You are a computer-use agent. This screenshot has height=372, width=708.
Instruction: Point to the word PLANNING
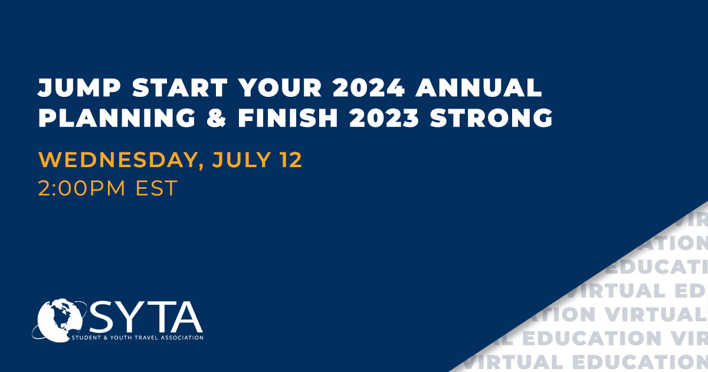[x=117, y=118]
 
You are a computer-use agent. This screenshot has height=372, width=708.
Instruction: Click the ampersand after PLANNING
[x=217, y=118]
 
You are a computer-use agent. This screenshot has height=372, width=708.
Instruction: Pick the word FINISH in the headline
[x=288, y=118]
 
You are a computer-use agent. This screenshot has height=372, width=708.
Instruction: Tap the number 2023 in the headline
[x=384, y=118]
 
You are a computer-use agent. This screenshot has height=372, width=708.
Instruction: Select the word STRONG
[x=491, y=118]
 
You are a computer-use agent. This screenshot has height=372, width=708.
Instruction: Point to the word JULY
[x=241, y=160]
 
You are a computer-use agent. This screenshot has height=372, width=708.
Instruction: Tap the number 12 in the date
[x=290, y=160]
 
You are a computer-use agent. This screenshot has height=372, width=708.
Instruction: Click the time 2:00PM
[x=81, y=188]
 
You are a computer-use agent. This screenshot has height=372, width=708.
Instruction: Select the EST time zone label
[x=156, y=188]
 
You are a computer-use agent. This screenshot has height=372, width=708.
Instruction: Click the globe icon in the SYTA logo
[x=59, y=321]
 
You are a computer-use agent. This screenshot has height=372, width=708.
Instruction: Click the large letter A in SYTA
[x=186, y=316]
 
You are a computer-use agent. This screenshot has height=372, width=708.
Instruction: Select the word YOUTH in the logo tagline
[x=122, y=338]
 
